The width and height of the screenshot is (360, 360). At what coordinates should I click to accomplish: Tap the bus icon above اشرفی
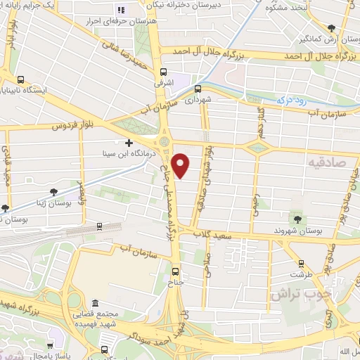(163, 72)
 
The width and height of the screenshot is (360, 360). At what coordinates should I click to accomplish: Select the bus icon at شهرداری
(198, 89)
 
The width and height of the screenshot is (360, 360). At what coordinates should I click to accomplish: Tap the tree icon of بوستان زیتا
(53, 191)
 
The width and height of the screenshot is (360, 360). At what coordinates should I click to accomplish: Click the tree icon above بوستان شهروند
(296, 219)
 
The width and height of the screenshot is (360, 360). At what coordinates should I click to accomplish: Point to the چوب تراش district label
(294, 295)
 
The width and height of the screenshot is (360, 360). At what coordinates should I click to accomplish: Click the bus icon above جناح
(175, 271)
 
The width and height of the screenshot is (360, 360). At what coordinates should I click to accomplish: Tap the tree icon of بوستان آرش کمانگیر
(332, 27)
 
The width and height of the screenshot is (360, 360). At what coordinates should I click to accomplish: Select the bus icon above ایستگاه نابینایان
(20, 80)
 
